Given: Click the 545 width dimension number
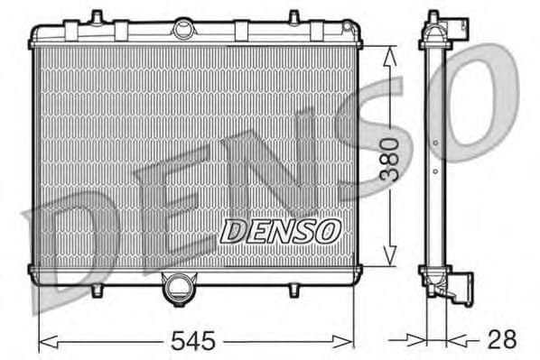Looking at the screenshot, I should click(194, 340).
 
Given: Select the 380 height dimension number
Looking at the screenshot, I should click(389, 160).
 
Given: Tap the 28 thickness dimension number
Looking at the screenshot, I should click(501, 340).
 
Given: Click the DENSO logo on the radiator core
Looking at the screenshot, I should click(279, 232).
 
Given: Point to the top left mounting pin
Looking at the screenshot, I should click(94, 17).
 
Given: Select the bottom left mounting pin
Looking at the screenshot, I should click(96, 291).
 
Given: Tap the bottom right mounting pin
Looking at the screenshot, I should click(294, 291).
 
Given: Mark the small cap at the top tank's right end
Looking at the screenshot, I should click(347, 30).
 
